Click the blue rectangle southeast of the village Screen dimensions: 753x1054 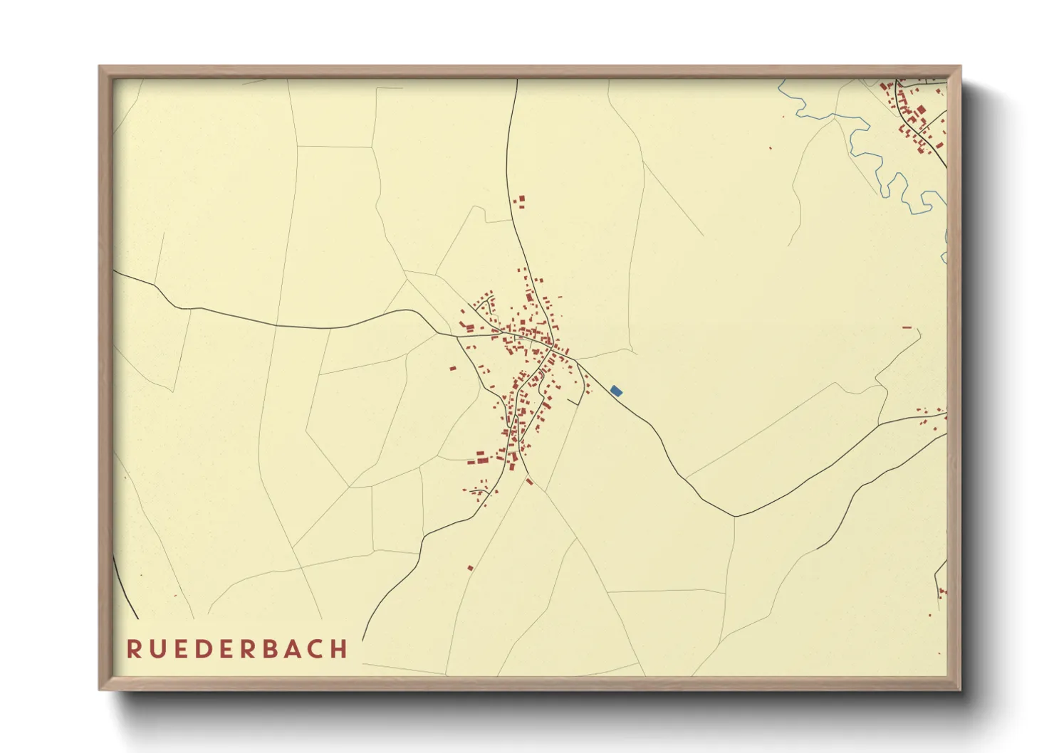[616, 391]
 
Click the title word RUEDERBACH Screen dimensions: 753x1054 [237, 649]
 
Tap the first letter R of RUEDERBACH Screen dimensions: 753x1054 [133, 649]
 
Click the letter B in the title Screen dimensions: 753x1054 [266, 649]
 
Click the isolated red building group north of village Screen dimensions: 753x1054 [520, 201]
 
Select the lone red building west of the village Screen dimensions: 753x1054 [452, 368]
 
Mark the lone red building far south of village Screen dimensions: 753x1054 [471, 567]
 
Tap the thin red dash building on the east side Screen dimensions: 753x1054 [907, 327]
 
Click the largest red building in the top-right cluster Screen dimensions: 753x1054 [921, 110]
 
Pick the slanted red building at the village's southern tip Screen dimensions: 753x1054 [529, 482]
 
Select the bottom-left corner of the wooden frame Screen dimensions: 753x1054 [100, 689]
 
